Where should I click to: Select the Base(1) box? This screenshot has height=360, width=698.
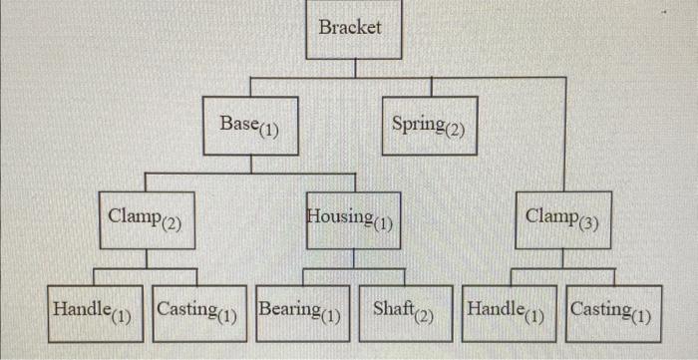point(249,126)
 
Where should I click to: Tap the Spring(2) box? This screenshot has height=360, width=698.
point(429,126)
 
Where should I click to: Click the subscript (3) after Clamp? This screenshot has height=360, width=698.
point(587,222)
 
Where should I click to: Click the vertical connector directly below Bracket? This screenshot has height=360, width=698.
point(350,66)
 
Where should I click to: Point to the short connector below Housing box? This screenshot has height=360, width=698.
point(352,258)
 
